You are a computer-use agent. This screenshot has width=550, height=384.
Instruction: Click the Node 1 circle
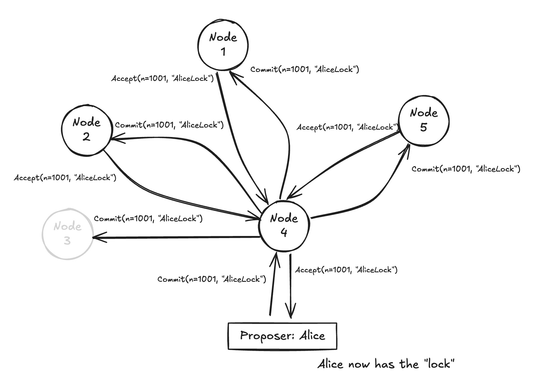[223, 45]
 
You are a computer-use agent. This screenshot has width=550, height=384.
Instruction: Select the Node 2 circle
[86, 130]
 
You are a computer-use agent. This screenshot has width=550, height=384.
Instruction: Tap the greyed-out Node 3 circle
[67, 234]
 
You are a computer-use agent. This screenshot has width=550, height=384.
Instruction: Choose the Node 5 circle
[424, 120]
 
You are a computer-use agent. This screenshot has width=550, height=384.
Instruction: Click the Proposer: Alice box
[282, 336]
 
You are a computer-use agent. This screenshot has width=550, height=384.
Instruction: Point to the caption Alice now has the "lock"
[386, 364]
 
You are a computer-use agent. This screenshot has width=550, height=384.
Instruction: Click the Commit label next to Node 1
[305, 70]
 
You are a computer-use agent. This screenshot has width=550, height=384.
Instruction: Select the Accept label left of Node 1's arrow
[162, 79]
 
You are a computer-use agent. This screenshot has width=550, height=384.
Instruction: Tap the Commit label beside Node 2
[169, 125]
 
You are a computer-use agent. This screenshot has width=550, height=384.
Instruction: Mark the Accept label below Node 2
[65, 178]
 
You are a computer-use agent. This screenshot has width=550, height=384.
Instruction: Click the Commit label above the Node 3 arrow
[148, 219]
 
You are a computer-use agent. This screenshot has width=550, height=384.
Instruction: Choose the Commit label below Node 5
[466, 169]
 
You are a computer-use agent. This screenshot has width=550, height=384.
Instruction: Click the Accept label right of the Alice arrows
[346, 270]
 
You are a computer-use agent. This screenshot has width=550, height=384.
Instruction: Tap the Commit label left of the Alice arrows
[211, 279]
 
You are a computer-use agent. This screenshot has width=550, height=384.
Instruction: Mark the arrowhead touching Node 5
[407, 148]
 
